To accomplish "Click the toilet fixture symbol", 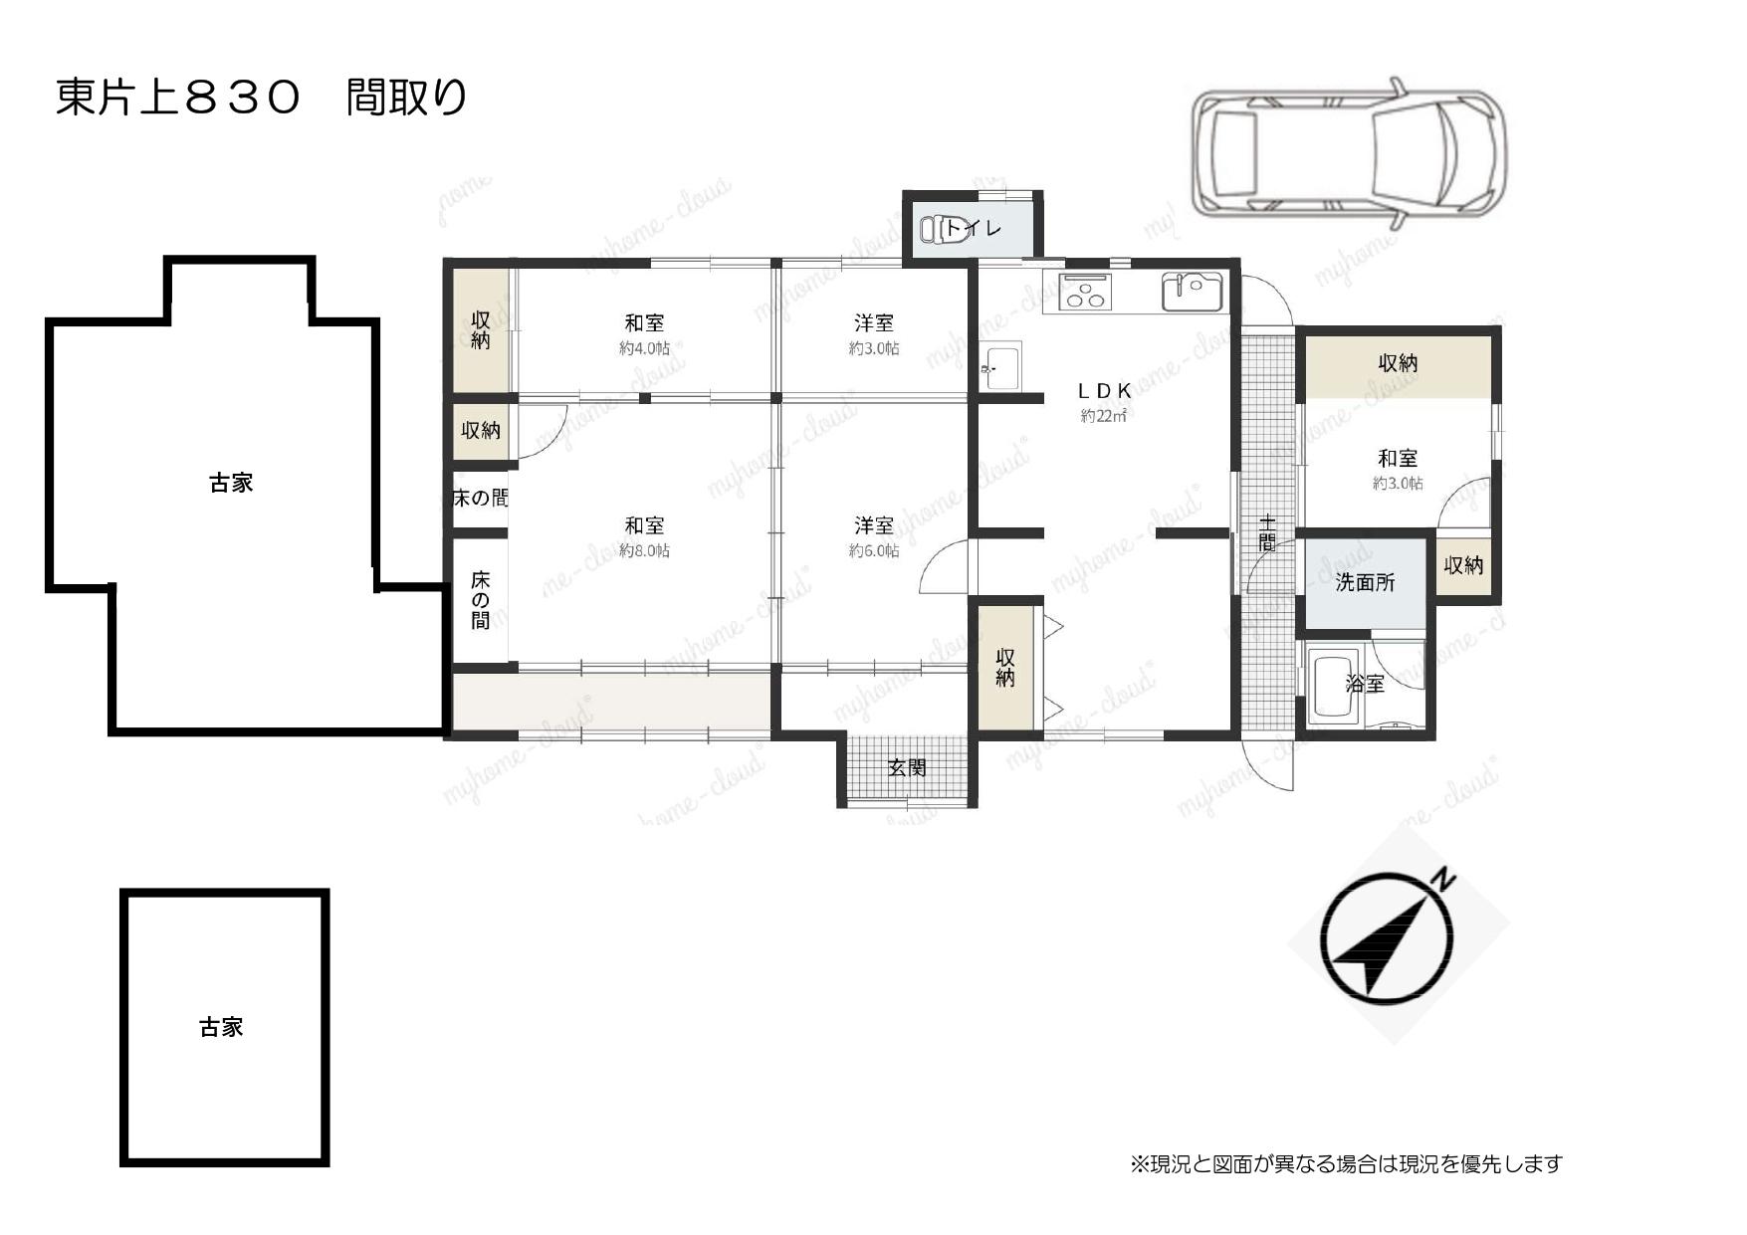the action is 935,229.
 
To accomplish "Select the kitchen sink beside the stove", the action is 1192,291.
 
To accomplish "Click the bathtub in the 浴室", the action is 1333,687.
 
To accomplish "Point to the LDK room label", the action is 1105,391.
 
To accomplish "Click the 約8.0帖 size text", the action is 644,550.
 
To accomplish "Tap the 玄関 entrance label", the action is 907,767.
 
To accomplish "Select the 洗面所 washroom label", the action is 1365,583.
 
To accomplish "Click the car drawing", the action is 1350,155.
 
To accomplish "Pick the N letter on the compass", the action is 1443,879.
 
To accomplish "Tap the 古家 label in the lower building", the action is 221,1027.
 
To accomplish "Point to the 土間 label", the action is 1266,533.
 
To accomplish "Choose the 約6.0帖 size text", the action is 874,550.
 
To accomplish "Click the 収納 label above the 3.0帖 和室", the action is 1398,363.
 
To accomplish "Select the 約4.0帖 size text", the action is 644,348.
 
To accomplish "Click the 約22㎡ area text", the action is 1104,416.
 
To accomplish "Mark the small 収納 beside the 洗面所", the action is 1463,565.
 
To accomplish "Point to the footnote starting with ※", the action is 1347,1163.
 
